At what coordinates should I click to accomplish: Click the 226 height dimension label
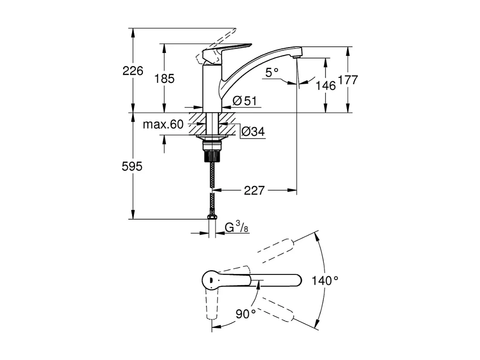pyautogui.click(x=133, y=71)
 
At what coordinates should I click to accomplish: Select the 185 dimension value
pyautogui.click(x=164, y=78)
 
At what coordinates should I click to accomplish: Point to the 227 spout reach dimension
pyautogui.click(x=254, y=191)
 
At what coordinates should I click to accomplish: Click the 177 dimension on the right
pyautogui.click(x=348, y=80)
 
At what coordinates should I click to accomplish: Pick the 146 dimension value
pyautogui.click(x=326, y=85)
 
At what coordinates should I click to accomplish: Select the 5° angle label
pyautogui.click(x=272, y=72)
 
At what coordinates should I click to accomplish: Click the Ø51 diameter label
pyautogui.click(x=244, y=101)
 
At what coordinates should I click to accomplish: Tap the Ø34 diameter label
pyautogui.click(x=252, y=132)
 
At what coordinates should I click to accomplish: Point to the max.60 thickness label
pyautogui.click(x=163, y=125)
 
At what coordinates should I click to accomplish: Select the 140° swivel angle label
pyautogui.click(x=324, y=280)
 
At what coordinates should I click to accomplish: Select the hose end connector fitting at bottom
pyautogui.click(x=212, y=217)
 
